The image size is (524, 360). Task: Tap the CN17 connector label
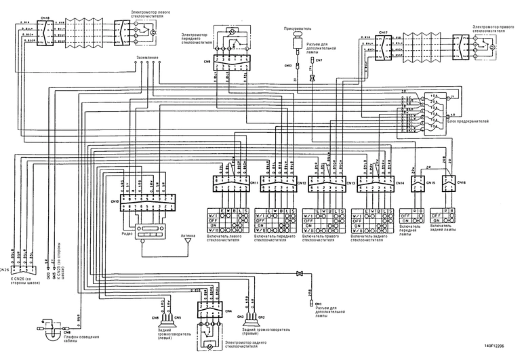point(384,32)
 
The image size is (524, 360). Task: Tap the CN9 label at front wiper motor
point(206,61)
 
